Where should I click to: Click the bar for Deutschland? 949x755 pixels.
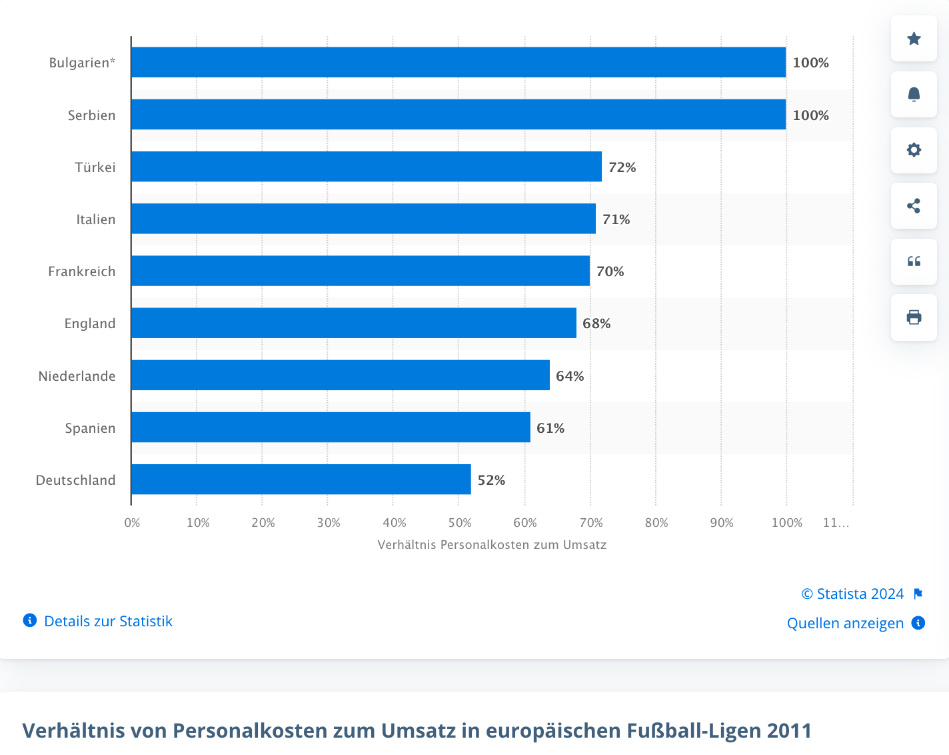(x=301, y=480)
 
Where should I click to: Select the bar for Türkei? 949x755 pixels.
(x=366, y=167)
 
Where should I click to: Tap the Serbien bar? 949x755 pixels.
(x=458, y=115)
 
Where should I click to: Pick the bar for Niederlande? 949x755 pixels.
(x=340, y=375)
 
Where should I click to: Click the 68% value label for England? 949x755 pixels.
(x=596, y=323)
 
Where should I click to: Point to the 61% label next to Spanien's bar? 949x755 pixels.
(x=550, y=428)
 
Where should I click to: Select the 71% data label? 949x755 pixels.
(x=616, y=219)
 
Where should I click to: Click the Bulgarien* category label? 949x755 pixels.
(x=82, y=63)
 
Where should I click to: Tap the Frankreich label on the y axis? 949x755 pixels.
(x=81, y=271)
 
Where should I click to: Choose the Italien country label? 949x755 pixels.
(x=95, y=219)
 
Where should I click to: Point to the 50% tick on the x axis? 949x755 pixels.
(x=460, y=523)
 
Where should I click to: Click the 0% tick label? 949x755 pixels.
(x=132, y=523)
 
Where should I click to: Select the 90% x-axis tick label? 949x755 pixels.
(x=722, y=523)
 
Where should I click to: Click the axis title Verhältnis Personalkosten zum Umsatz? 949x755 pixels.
(x=492, y=545)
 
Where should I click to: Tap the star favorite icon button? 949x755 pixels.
(x=914, y=39)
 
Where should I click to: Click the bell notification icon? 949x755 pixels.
(x=914, y=95)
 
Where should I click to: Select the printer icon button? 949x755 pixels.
(x=914, y=317)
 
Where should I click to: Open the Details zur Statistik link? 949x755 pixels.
(x=108, y=621)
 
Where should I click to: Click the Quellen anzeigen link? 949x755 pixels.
(x=845, y=623)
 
